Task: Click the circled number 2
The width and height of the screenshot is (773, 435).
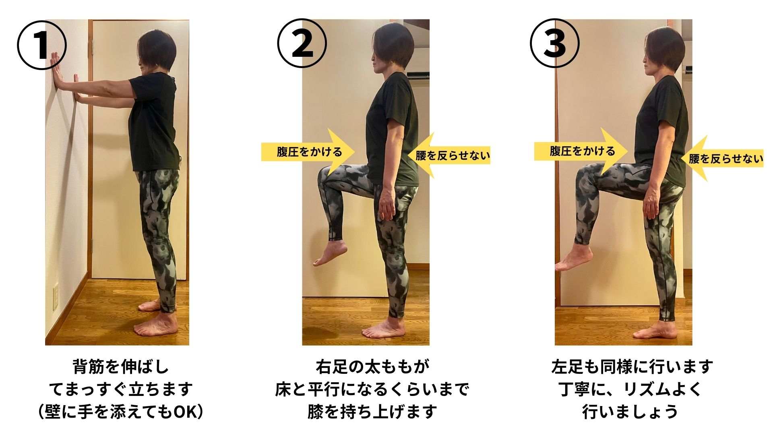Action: point(302,43)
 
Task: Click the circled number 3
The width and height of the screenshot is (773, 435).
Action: point(555,43)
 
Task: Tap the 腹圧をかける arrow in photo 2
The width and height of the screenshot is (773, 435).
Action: point(308,151)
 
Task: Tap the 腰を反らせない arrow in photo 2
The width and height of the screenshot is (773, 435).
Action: point(449,155)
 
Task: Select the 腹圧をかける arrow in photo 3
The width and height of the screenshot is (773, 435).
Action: point(581,151)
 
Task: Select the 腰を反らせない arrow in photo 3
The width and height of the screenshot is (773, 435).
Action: point(722,158)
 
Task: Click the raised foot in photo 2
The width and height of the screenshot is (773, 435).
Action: point(330,253)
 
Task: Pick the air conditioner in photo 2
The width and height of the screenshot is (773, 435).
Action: point(418,75)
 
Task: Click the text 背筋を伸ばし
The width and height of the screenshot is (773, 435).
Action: point(121,367)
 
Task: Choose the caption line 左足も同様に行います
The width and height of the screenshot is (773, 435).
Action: point(632,367)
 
